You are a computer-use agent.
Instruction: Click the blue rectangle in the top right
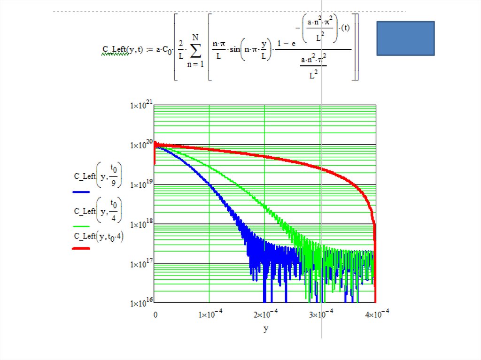click(x=405, y=38)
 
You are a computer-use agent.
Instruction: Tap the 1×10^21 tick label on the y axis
click(x=141, y=106)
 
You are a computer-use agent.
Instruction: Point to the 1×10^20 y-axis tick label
click(x=141, y=146)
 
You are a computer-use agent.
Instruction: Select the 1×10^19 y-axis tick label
click(x=141, y=185)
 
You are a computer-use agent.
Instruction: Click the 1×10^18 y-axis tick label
click(x=141, y=225)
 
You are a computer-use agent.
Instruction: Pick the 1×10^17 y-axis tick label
click(x=141, y=264)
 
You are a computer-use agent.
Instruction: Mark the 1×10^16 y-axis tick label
click(x=141, y=303)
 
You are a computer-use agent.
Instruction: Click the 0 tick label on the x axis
click(x=155, y=314)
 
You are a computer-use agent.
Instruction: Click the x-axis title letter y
click(x=265, y=329)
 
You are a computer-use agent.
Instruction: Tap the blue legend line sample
click(x=81, y=192)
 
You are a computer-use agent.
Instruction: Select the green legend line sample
click(x=81, y=226)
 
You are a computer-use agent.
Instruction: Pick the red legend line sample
click(x=81, y=248)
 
